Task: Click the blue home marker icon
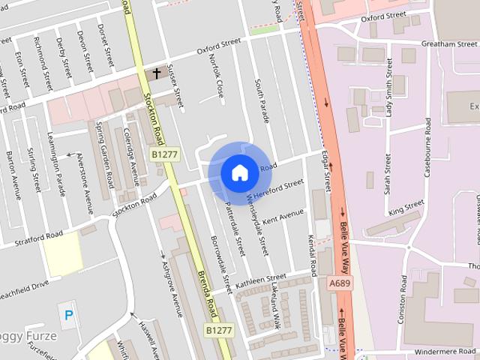point(239,172)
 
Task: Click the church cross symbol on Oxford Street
point(157,73)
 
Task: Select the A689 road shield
point(339,283)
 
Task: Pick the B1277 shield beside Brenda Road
point(219,329)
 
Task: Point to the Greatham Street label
point(449,44)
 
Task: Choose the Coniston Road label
point(403,298)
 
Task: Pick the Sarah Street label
point(388,175)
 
